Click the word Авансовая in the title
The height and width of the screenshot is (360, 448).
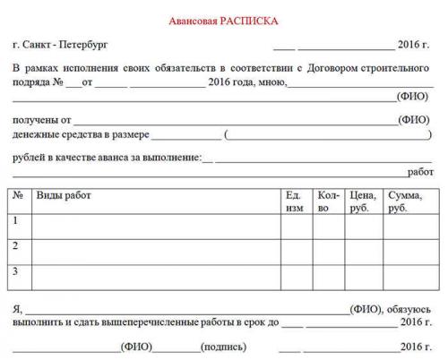point(196,20)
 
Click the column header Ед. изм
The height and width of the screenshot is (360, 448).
point(295,201)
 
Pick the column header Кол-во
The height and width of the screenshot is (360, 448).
point(328,201)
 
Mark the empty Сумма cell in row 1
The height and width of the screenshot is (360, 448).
point(408,226)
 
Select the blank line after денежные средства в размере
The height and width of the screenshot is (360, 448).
point(186,135)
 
